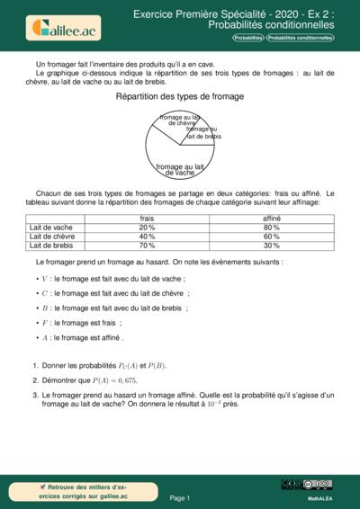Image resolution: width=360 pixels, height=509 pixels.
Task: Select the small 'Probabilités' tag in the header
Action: [248, 39]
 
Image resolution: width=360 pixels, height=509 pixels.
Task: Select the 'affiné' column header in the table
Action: [271, 219]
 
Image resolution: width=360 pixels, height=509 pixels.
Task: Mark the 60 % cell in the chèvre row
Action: [271, 237]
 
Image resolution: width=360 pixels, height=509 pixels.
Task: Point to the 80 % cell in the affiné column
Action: [271, 228]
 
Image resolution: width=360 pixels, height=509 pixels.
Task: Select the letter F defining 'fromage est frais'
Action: [44, 322]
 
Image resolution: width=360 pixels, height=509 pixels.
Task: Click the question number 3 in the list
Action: [34, 396]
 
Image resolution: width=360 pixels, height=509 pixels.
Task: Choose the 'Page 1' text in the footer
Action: [180, 497]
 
